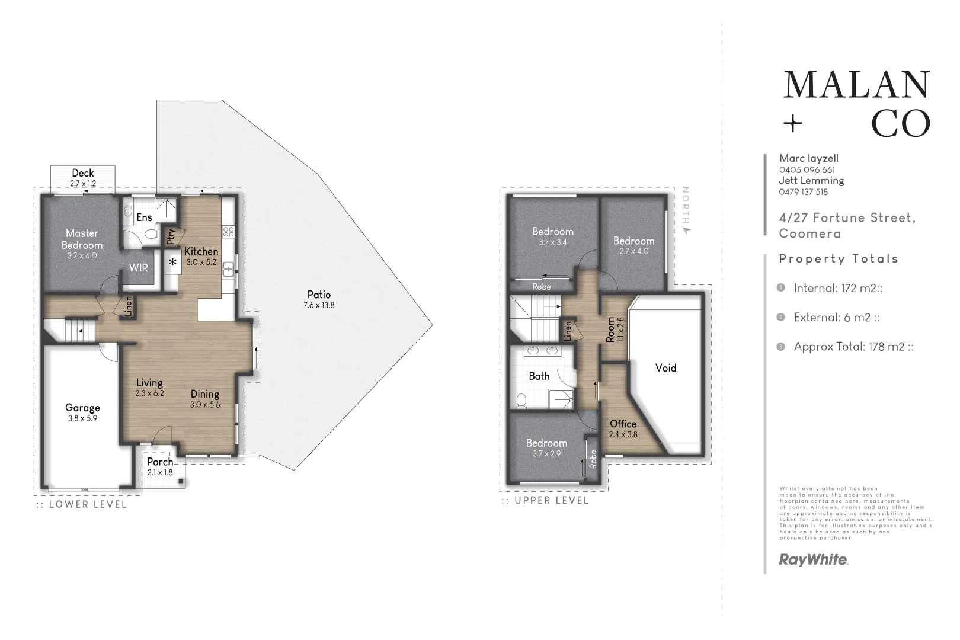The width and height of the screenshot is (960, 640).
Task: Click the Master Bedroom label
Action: coord(82,239)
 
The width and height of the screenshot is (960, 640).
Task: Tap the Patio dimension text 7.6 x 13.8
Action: coord(319,306)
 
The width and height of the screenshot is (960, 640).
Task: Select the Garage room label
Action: coord(82,408)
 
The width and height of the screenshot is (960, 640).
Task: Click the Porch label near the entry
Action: coord(160,462)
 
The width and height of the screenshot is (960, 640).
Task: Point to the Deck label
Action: coord(83,173)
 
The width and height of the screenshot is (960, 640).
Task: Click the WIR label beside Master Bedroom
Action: coord(139,268)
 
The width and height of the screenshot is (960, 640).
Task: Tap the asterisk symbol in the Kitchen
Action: coord(173,261)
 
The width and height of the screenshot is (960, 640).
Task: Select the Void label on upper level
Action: coord(665,368)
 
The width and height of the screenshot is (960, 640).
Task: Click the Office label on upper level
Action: coord(623,424)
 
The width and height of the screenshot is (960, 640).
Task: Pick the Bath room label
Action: coord(539,376)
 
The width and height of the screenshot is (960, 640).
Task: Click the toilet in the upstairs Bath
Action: coord(521,401)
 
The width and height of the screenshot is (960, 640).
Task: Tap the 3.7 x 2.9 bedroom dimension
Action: coord(546,454)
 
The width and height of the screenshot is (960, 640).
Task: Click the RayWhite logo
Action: coord(813,559)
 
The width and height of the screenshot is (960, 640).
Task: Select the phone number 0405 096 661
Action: coord(807,169)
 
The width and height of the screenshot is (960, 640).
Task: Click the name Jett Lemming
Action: coord(811,181)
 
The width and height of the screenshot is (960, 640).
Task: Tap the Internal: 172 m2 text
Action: coord(838,289)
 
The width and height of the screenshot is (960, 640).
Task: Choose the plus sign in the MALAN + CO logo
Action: coord(792,124)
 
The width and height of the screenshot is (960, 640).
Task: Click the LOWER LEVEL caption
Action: coord(81,505)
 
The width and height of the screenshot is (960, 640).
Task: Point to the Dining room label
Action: coord(205,394)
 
